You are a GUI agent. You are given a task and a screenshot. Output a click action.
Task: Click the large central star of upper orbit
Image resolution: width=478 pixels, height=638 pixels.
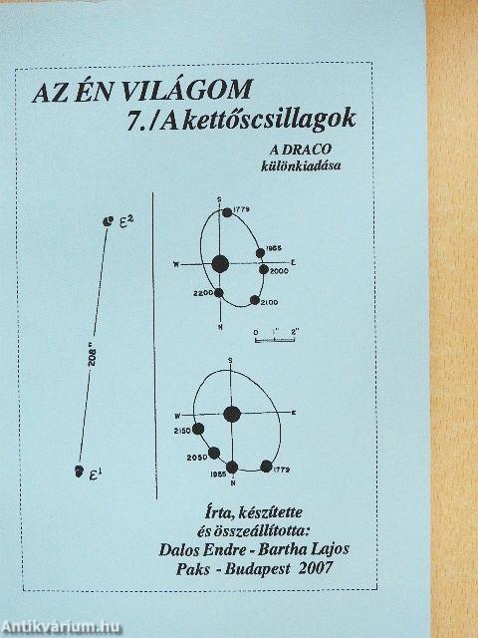pos(220,263)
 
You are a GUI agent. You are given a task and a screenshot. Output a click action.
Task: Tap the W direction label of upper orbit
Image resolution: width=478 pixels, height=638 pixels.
pos(176,264)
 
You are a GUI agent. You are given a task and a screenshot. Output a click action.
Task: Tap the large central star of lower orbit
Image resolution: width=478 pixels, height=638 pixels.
pos(232,413)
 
